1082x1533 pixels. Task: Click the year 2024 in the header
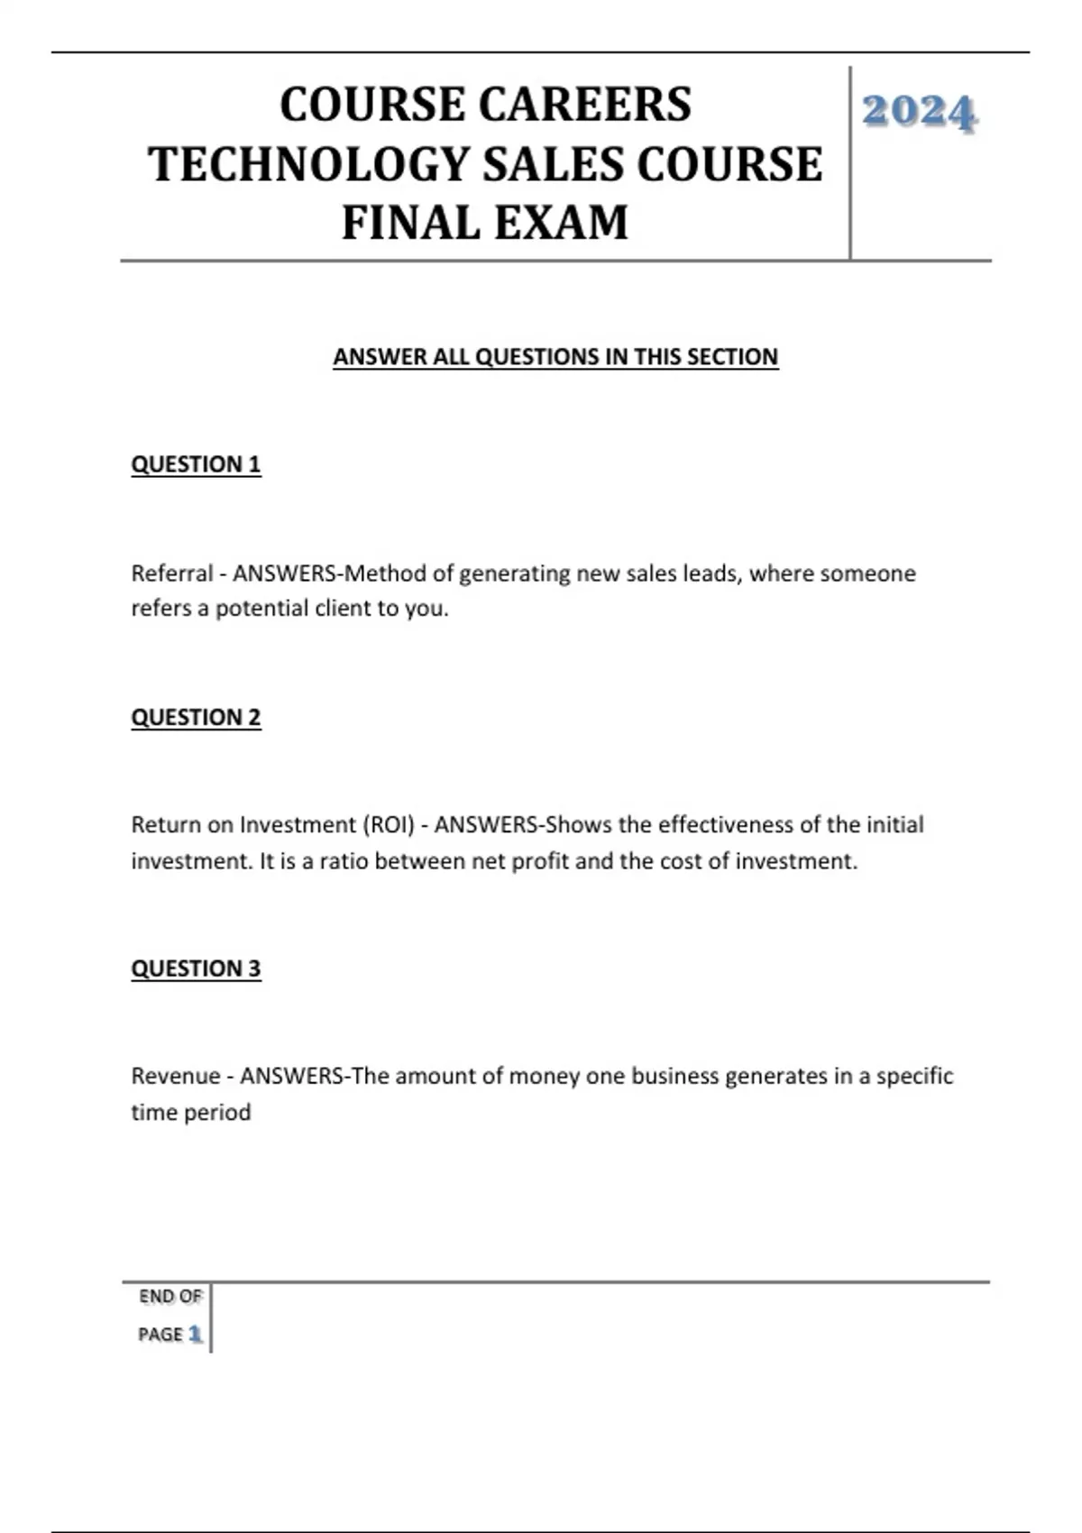pyautogui.click(x=919, y=113)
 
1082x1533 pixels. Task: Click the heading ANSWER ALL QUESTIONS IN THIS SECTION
pyautogui.click(x=555, y=357)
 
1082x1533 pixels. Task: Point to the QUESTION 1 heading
pyautogui.click(x=196, y=464)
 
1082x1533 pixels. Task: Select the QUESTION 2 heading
pyautogui.click(x=196, y=717)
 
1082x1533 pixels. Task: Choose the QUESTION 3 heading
pyautogui.click(x=196, y=968)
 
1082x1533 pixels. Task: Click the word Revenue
pyautogui.click(x=176, y=1076)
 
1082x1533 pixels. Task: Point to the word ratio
pyautogui.click(x=344, y=861)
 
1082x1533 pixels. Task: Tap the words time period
pyautogui.click(x=191, y=1113)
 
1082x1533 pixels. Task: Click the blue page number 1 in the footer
pyautogui.click(x=196, y=1335)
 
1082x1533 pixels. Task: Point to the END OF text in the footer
pyautogui.click(x=170, y=1297)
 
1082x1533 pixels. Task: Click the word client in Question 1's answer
pyautogui.click(x=340, y=609)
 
